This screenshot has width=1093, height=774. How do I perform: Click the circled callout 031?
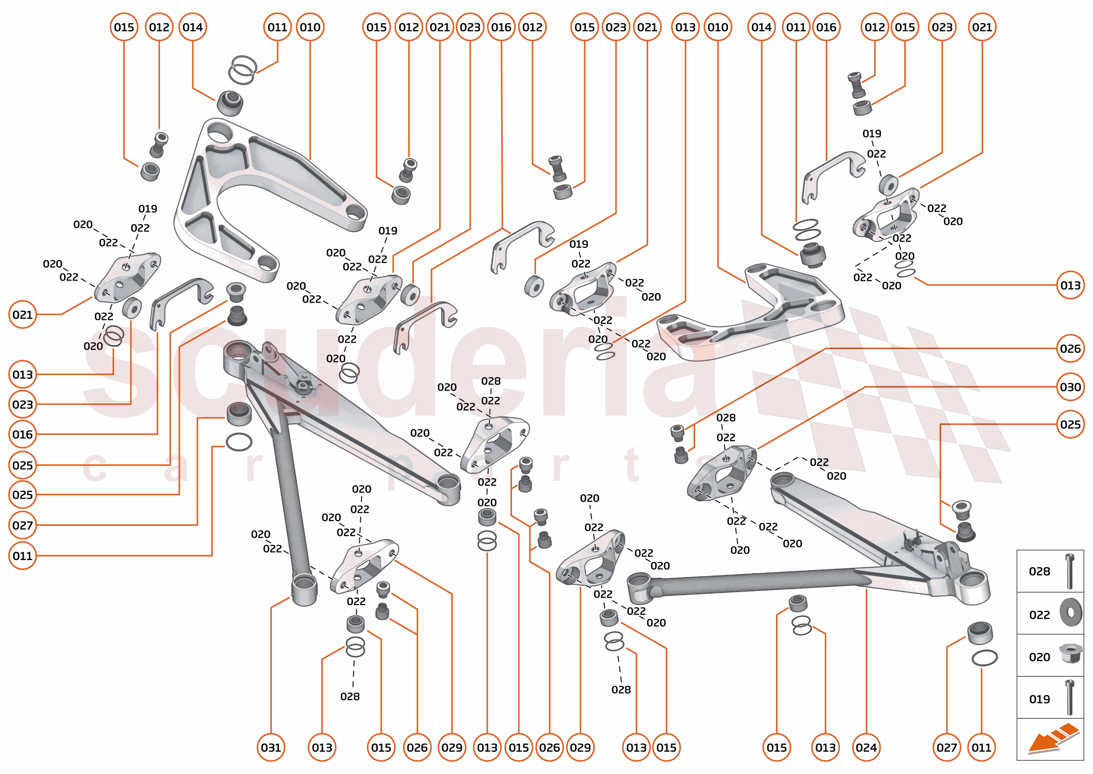271,747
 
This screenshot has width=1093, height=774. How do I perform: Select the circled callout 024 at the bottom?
866,747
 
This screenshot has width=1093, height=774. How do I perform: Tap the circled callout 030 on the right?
1070,386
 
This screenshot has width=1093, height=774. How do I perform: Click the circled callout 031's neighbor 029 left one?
452,747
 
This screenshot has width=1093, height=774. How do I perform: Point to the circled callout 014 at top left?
192,27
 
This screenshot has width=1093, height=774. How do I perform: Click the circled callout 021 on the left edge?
22,315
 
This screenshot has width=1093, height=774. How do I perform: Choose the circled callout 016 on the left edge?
22,434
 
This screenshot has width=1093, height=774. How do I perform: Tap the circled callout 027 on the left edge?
22,525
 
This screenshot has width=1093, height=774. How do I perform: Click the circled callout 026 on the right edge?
1070,348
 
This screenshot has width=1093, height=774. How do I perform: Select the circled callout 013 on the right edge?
1070,285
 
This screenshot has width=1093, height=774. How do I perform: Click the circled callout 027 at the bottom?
946,747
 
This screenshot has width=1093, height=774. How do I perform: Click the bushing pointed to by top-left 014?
230,103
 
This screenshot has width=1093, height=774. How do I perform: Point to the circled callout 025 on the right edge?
1070,424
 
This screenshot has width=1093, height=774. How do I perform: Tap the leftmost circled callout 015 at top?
124,27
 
